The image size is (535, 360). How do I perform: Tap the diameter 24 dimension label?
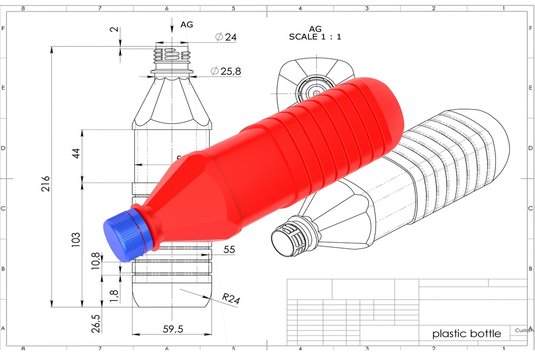coord(226,37)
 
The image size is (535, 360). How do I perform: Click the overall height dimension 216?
coord(46,186)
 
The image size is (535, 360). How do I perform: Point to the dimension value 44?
coord(76,153)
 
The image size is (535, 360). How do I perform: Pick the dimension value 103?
coord(76,239)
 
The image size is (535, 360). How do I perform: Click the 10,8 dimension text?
coord(96,263)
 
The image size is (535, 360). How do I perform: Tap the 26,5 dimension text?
coord(96,324)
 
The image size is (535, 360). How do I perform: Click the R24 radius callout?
coord(231,298)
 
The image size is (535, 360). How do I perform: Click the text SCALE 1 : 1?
coord(315,37)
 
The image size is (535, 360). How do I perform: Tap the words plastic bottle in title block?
coord(464,333)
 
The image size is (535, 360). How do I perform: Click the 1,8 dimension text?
coord(113,295)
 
